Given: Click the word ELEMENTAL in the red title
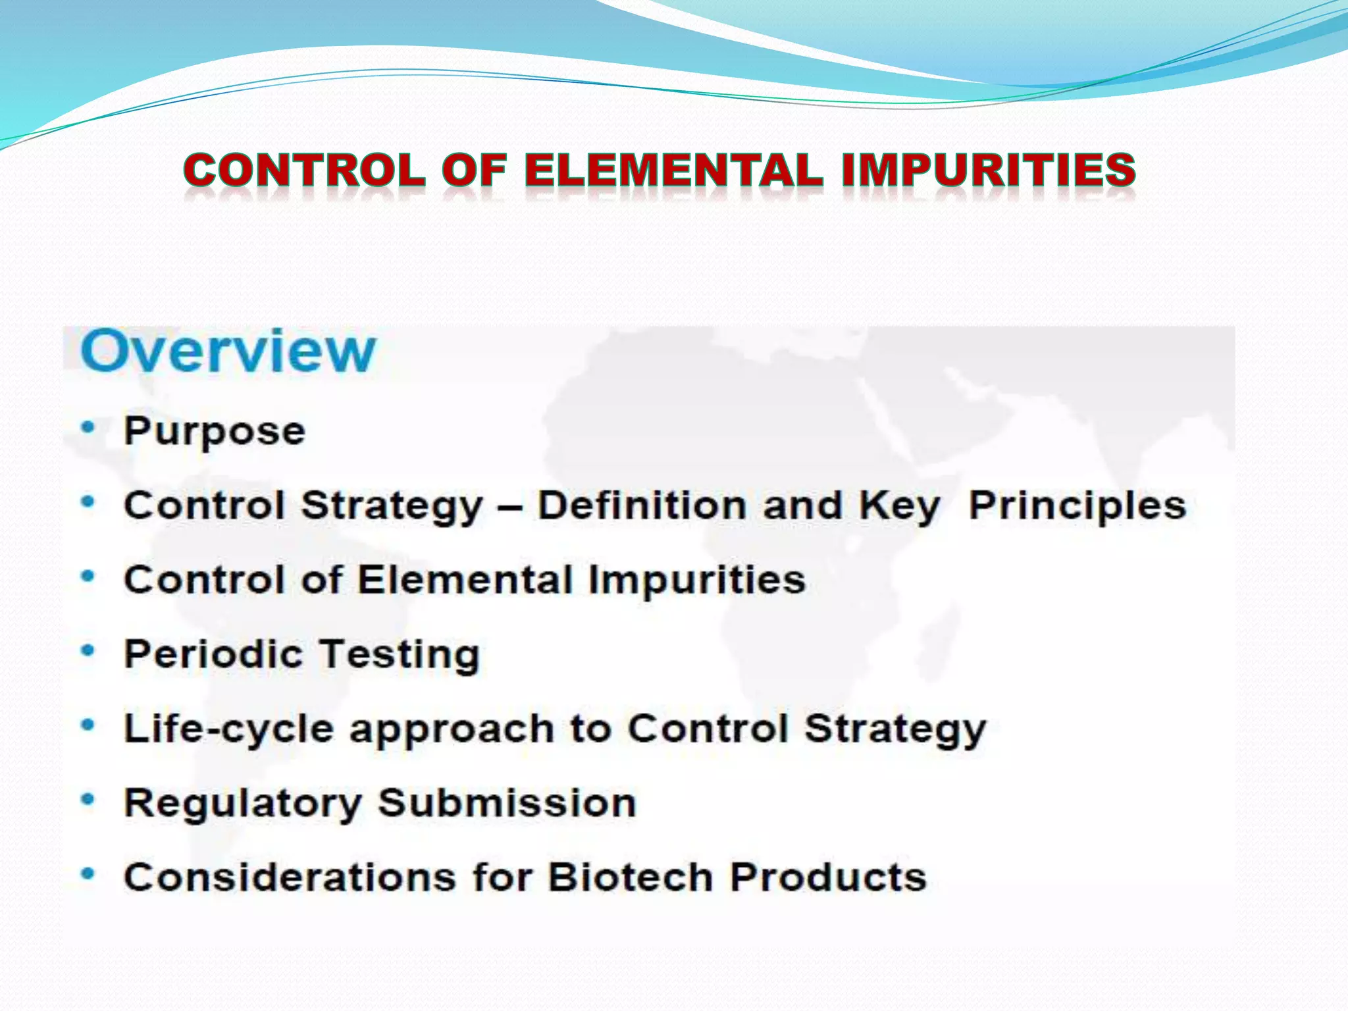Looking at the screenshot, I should point(673,169).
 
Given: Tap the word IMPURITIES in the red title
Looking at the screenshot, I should point(988,169).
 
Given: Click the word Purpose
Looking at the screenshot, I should point(215,432).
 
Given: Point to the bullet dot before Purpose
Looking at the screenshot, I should point(88,428).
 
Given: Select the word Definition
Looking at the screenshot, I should point(642,505).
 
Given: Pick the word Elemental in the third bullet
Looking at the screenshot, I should point(465,580).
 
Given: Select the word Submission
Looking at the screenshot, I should point(507,803).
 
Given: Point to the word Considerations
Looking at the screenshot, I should point(290,877).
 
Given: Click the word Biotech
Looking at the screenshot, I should point(631,877).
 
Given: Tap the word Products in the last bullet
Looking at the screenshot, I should point(828,877).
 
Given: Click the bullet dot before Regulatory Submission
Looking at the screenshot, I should point(88,800).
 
